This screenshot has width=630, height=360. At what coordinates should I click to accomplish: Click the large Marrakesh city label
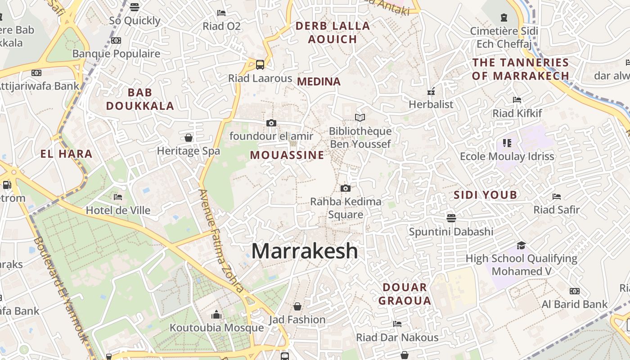[305, 251]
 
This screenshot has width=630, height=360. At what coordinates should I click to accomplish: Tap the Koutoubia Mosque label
[216, 328]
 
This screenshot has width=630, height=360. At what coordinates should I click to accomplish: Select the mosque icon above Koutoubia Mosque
[216, 314]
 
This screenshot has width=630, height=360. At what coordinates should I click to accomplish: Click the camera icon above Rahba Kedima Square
[345, 188]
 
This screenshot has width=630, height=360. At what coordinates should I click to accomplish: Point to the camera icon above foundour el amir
[271, 123]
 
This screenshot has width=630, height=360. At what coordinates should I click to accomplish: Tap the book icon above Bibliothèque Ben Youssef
[360, 117]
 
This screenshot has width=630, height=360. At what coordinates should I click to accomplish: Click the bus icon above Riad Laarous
[260, 64]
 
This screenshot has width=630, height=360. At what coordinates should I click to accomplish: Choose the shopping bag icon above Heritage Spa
[189, 137]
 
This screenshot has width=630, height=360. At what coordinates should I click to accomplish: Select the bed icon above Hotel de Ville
[118, 197]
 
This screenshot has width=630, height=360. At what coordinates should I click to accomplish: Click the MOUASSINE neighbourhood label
[287, 155]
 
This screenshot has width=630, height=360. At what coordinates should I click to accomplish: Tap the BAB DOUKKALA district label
[140, 99]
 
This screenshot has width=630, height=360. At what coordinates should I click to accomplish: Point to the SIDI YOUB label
[485, 195]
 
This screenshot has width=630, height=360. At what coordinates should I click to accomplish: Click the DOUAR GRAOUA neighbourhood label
[405, 294]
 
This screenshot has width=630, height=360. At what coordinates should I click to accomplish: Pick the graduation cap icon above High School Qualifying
[521, 245]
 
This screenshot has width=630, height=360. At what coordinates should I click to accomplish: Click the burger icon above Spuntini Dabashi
[451, 218]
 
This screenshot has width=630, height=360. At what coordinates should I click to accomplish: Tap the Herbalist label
[431, 104]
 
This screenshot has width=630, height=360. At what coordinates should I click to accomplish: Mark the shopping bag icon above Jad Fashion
[297, 306]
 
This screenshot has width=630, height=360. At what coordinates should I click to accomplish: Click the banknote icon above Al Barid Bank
[575, 291]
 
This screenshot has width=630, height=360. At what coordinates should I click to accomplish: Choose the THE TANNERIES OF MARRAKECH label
[521, 69]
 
